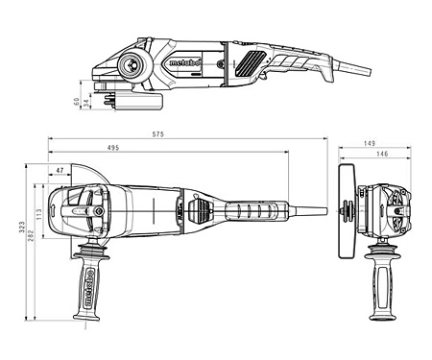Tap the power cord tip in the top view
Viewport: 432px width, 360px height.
click(324, 210)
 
